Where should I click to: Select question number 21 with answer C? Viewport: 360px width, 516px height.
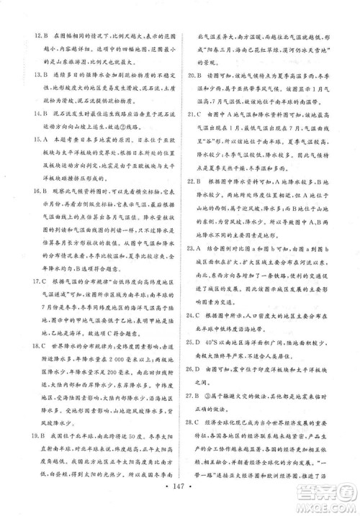pyautogui.click(x=192, y=114)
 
